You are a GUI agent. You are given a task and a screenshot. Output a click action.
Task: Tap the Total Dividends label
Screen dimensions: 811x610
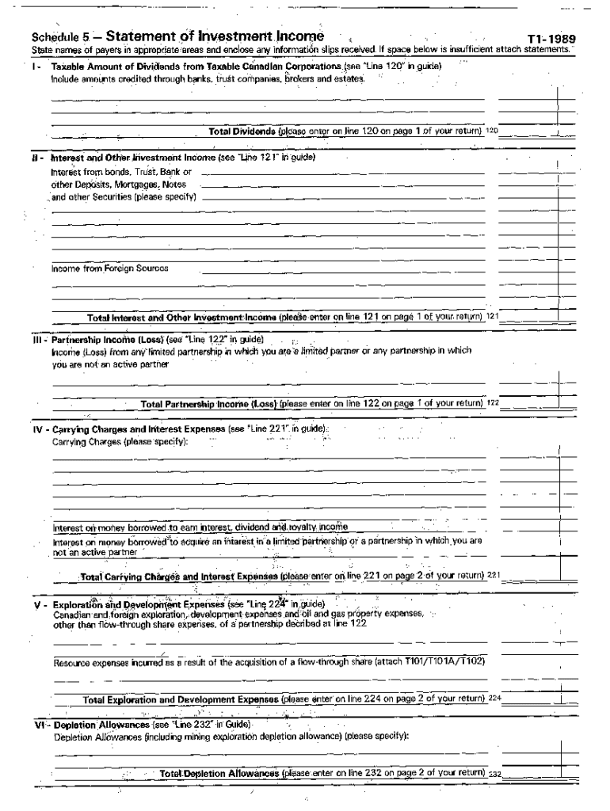click(242, 131)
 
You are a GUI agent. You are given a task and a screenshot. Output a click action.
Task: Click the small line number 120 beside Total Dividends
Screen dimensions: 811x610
click(491, 131)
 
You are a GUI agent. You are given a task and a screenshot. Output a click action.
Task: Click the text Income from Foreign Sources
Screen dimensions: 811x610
click(110, 268)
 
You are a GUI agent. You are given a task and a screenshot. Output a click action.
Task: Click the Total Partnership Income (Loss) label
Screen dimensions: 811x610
click(208, 402)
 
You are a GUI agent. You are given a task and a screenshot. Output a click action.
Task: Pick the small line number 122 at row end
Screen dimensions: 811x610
click(493, 402)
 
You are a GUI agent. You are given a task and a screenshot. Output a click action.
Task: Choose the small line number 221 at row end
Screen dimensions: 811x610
click(494, 574)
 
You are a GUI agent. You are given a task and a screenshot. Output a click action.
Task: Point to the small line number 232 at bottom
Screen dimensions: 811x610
click(495, 774)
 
